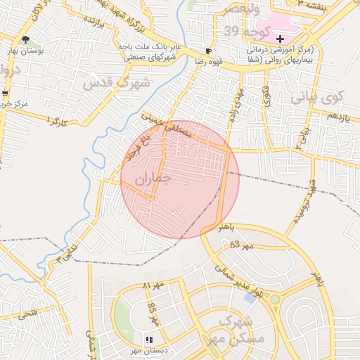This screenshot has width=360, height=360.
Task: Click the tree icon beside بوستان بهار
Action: point(26,40)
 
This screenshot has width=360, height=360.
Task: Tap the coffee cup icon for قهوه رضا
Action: point(208,51)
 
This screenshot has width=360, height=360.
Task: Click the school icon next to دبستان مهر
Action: point(148,340)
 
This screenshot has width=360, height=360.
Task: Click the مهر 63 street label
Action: point(240,245)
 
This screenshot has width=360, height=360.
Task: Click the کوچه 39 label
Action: point(222,32)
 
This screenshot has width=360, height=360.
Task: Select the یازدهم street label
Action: point(339,115)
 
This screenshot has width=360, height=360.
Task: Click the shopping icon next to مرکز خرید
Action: point(6,93)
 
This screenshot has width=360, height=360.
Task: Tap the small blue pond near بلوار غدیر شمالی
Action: point(250,298)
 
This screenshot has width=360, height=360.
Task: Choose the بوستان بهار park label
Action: point(30,51)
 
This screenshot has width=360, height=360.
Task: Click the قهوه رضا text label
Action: point(210,61)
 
